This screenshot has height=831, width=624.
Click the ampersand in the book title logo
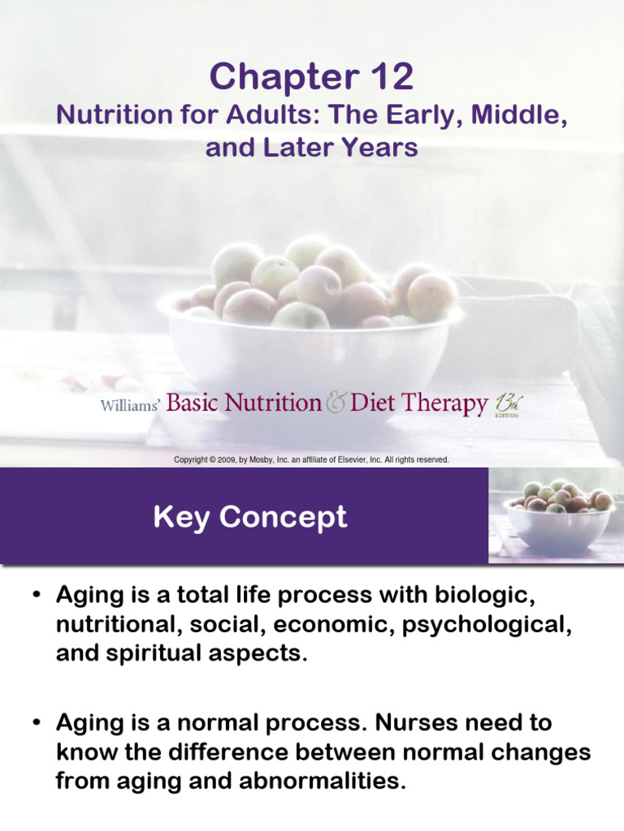coord(336,403)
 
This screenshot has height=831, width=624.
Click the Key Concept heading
coord(250,517)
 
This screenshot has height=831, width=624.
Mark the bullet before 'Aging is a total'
coord(37,596)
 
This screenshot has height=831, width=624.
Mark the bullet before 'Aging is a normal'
coord(37,723)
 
